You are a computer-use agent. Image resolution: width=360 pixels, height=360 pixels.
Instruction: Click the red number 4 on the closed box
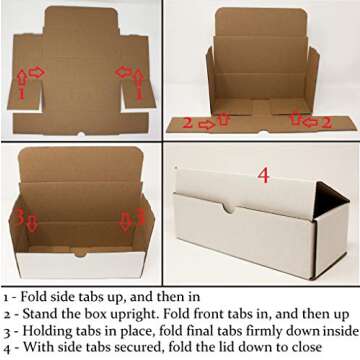coord(264,175)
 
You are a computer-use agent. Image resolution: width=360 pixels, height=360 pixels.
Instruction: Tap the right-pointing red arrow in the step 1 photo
coord(36,71)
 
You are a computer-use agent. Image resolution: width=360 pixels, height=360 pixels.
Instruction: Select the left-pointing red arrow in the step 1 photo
coord(123,71)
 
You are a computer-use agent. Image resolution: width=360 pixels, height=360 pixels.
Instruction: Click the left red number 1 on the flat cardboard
coord(21,93)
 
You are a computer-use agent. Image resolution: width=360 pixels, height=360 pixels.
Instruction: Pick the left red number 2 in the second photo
coord(187,123)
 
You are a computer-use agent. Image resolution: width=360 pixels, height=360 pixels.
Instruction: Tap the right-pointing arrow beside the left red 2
coord(206,124)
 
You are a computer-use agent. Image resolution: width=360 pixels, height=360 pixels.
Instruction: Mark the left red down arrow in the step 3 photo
coord(31,222)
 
